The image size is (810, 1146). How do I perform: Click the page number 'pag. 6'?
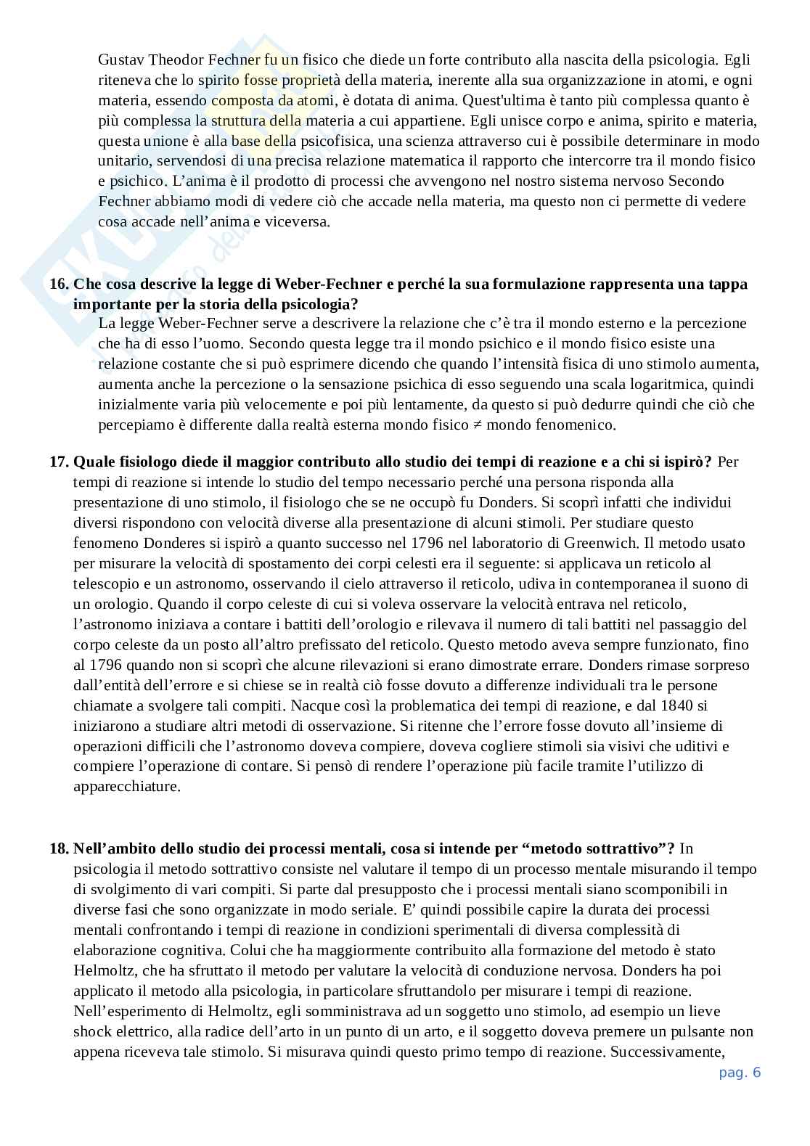740,1073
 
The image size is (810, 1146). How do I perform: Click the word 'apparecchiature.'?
126,787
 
